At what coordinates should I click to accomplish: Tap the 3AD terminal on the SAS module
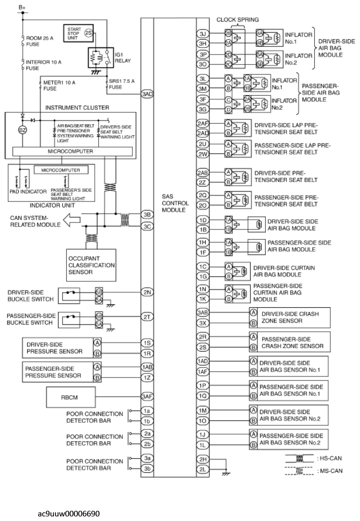147,95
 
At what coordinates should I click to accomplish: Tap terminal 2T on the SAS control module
147,316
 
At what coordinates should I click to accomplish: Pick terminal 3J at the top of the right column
203,34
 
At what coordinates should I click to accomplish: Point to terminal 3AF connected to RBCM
147,396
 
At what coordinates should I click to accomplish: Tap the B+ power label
22,8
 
